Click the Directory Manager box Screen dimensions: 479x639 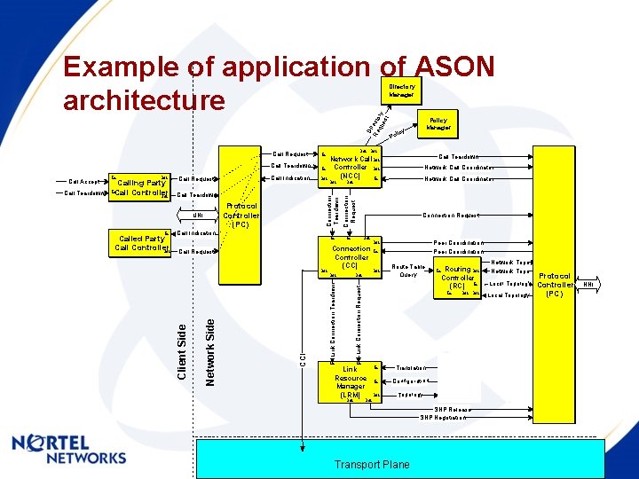[x=401, y=90]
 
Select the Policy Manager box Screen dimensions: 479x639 [x=438, y=123]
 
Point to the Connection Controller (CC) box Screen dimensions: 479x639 [x=351, y=257]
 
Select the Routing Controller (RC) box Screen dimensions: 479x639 [x=457, y=278]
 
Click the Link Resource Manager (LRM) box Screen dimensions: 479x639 [x=350, y=382]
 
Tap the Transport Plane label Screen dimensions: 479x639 [x=372, y=464]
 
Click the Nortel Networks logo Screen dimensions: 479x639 [x=69, y=448]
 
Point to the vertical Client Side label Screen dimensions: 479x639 [x=182, y=351]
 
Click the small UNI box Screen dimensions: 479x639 [x=199, y=215]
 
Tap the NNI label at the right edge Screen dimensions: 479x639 [x=588, y=285]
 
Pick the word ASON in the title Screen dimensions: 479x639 [x=453, y=67]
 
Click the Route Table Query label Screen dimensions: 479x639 [x=407, y=271]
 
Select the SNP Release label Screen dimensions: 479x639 [x=452, y=410]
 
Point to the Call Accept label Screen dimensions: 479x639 [x=83, y=182]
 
